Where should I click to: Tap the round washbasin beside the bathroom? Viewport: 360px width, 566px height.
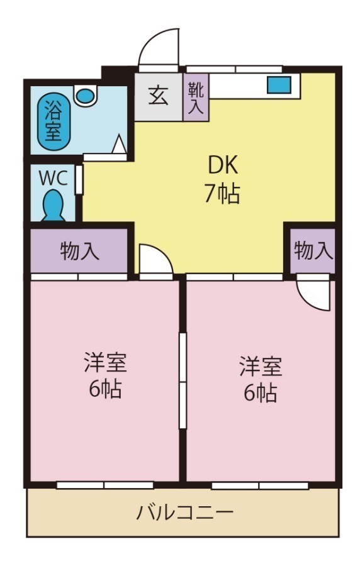(x=84, y=96)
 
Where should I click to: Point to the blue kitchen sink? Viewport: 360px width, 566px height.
(x=278, y=85)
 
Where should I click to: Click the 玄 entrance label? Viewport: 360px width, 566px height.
(x=158, y=97)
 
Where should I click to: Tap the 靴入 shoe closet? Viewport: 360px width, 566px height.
(x=196, y=97)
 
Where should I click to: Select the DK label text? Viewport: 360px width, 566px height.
(x=222, y=165)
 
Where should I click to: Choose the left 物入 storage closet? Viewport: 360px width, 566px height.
(x=80, y=251)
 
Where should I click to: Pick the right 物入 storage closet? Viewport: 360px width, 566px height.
(x=313, y=250)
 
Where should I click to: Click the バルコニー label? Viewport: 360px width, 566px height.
(x=185, y=513)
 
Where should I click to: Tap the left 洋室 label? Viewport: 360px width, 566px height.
(x=105, y=363)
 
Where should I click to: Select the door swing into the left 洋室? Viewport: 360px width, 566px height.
(x=152, y=259)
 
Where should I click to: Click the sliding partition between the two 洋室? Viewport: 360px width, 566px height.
(x=183, y=380)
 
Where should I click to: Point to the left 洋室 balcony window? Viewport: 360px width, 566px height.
(x=104, y=485)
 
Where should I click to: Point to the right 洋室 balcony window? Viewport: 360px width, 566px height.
(x=260, y=486)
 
